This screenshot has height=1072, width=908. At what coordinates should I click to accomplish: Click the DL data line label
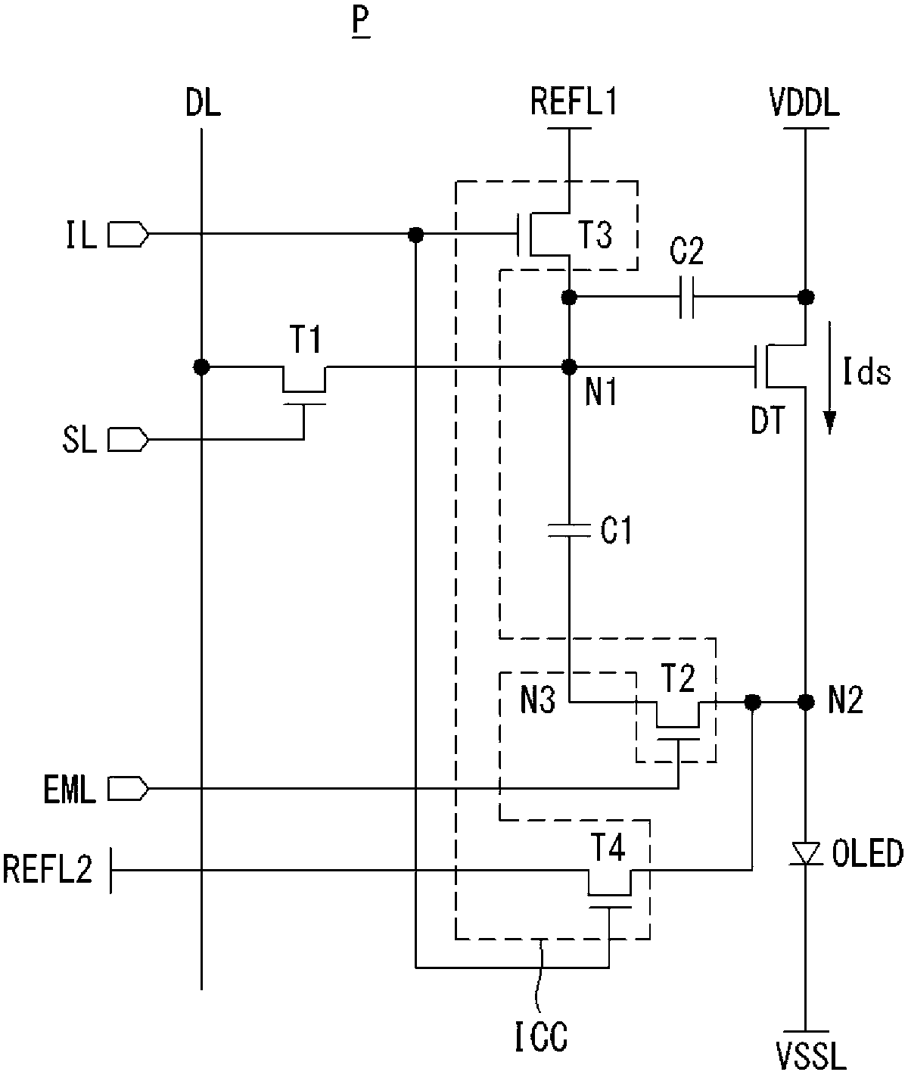click(x=203, y=103)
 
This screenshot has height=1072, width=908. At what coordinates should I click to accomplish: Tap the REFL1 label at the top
click(x=574, y=101)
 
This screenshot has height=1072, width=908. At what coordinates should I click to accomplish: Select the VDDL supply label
click(x=804, y=103)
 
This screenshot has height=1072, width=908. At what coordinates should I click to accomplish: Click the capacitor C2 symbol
click(x=687, y=298)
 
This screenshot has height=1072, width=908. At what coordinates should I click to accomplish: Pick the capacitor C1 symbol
click(x=570, y=530)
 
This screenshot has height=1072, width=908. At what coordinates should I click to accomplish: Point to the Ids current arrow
click(x=830, y=377)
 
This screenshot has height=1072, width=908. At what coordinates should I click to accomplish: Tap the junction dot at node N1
click(x=570, y=367)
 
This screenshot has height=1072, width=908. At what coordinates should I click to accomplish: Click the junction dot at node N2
click(x=805, y=703)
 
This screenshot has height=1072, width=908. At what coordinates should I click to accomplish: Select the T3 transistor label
click(x=595, y=235)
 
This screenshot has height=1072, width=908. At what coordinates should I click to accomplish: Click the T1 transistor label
click(x=305, y=340)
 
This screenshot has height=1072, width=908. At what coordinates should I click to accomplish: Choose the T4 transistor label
click(x=608, y=847)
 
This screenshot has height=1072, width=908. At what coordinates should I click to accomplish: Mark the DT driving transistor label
click(x=768, y=419)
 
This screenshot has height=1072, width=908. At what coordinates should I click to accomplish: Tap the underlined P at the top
click(x=361, y=22)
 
